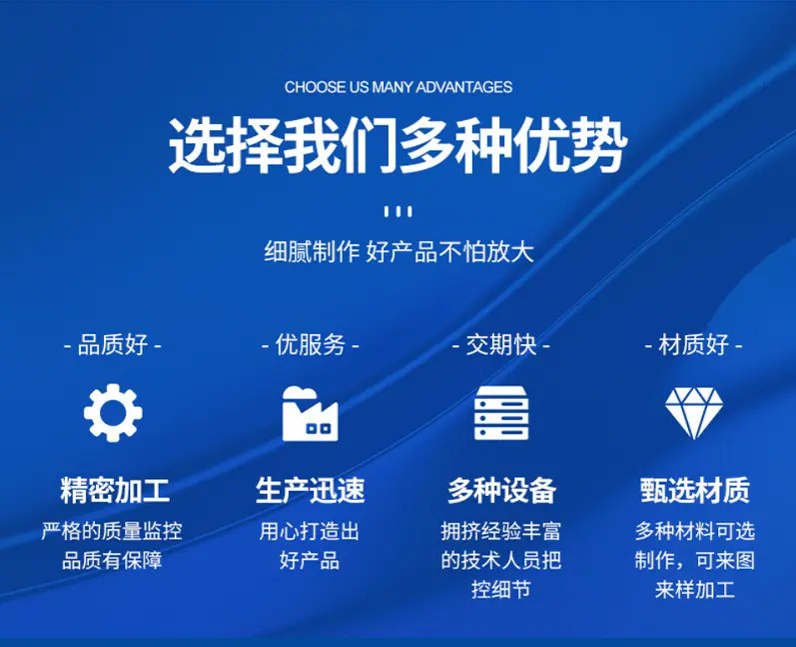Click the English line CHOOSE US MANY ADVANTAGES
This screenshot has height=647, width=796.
[398, 87]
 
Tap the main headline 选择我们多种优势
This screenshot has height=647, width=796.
[398, 146]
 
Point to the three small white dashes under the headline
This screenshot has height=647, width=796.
[398, 211]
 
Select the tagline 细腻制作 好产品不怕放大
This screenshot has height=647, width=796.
[398, 252]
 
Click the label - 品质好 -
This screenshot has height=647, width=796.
[112, 345]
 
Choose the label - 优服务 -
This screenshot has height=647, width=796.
[310, 345]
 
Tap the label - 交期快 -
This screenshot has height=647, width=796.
[501, 345]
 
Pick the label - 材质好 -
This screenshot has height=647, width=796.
[693, 345]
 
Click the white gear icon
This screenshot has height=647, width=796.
[113, 413]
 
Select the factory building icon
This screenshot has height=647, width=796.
[310, 413]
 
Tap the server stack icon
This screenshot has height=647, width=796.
[501, 413]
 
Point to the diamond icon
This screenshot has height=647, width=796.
[694, 413]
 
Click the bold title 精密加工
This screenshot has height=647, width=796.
[115, 490]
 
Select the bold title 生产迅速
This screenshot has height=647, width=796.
[311, 490]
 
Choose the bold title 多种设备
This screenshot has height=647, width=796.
[501, 490]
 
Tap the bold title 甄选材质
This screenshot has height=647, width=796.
[695, 490]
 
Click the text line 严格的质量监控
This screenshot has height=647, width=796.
[112, 532]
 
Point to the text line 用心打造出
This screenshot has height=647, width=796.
[310, 532]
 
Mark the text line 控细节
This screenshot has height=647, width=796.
[501, 590]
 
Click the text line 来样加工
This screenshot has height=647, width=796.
[694, 590]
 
